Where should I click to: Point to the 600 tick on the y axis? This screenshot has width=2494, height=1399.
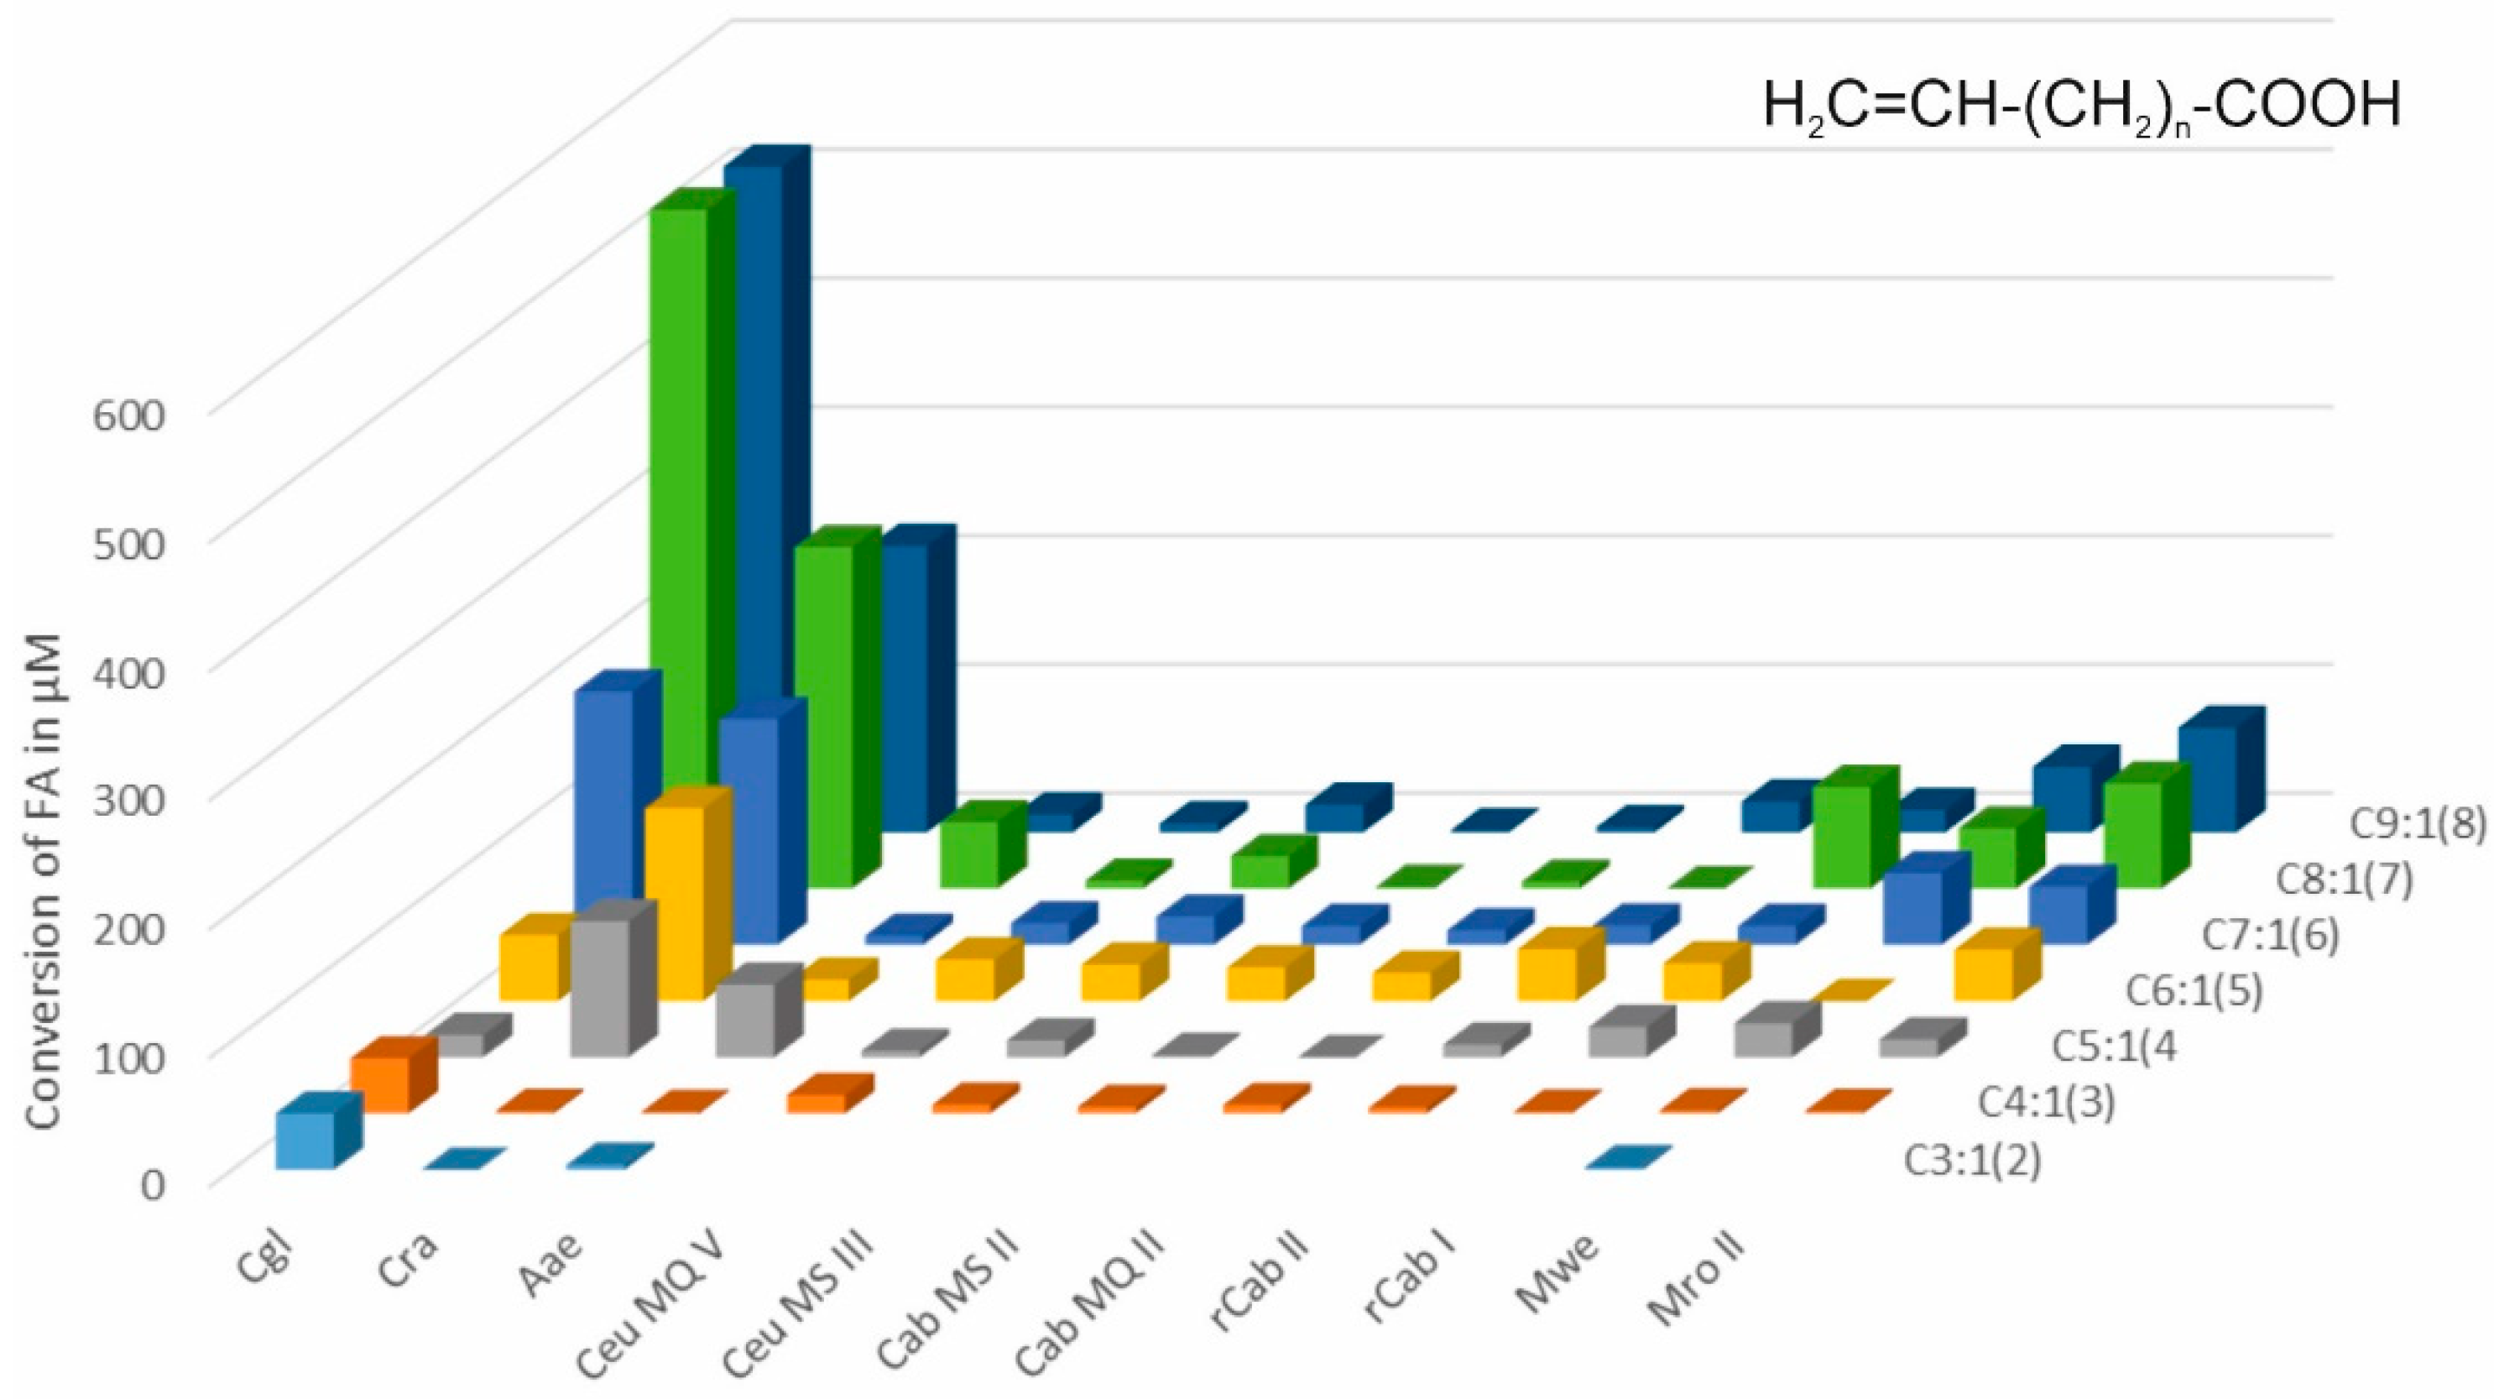click(x=143, y=415)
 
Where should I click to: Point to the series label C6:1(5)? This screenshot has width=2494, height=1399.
click(x=2192, y=992)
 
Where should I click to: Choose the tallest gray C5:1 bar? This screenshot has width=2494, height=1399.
click(x=600, y=988)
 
